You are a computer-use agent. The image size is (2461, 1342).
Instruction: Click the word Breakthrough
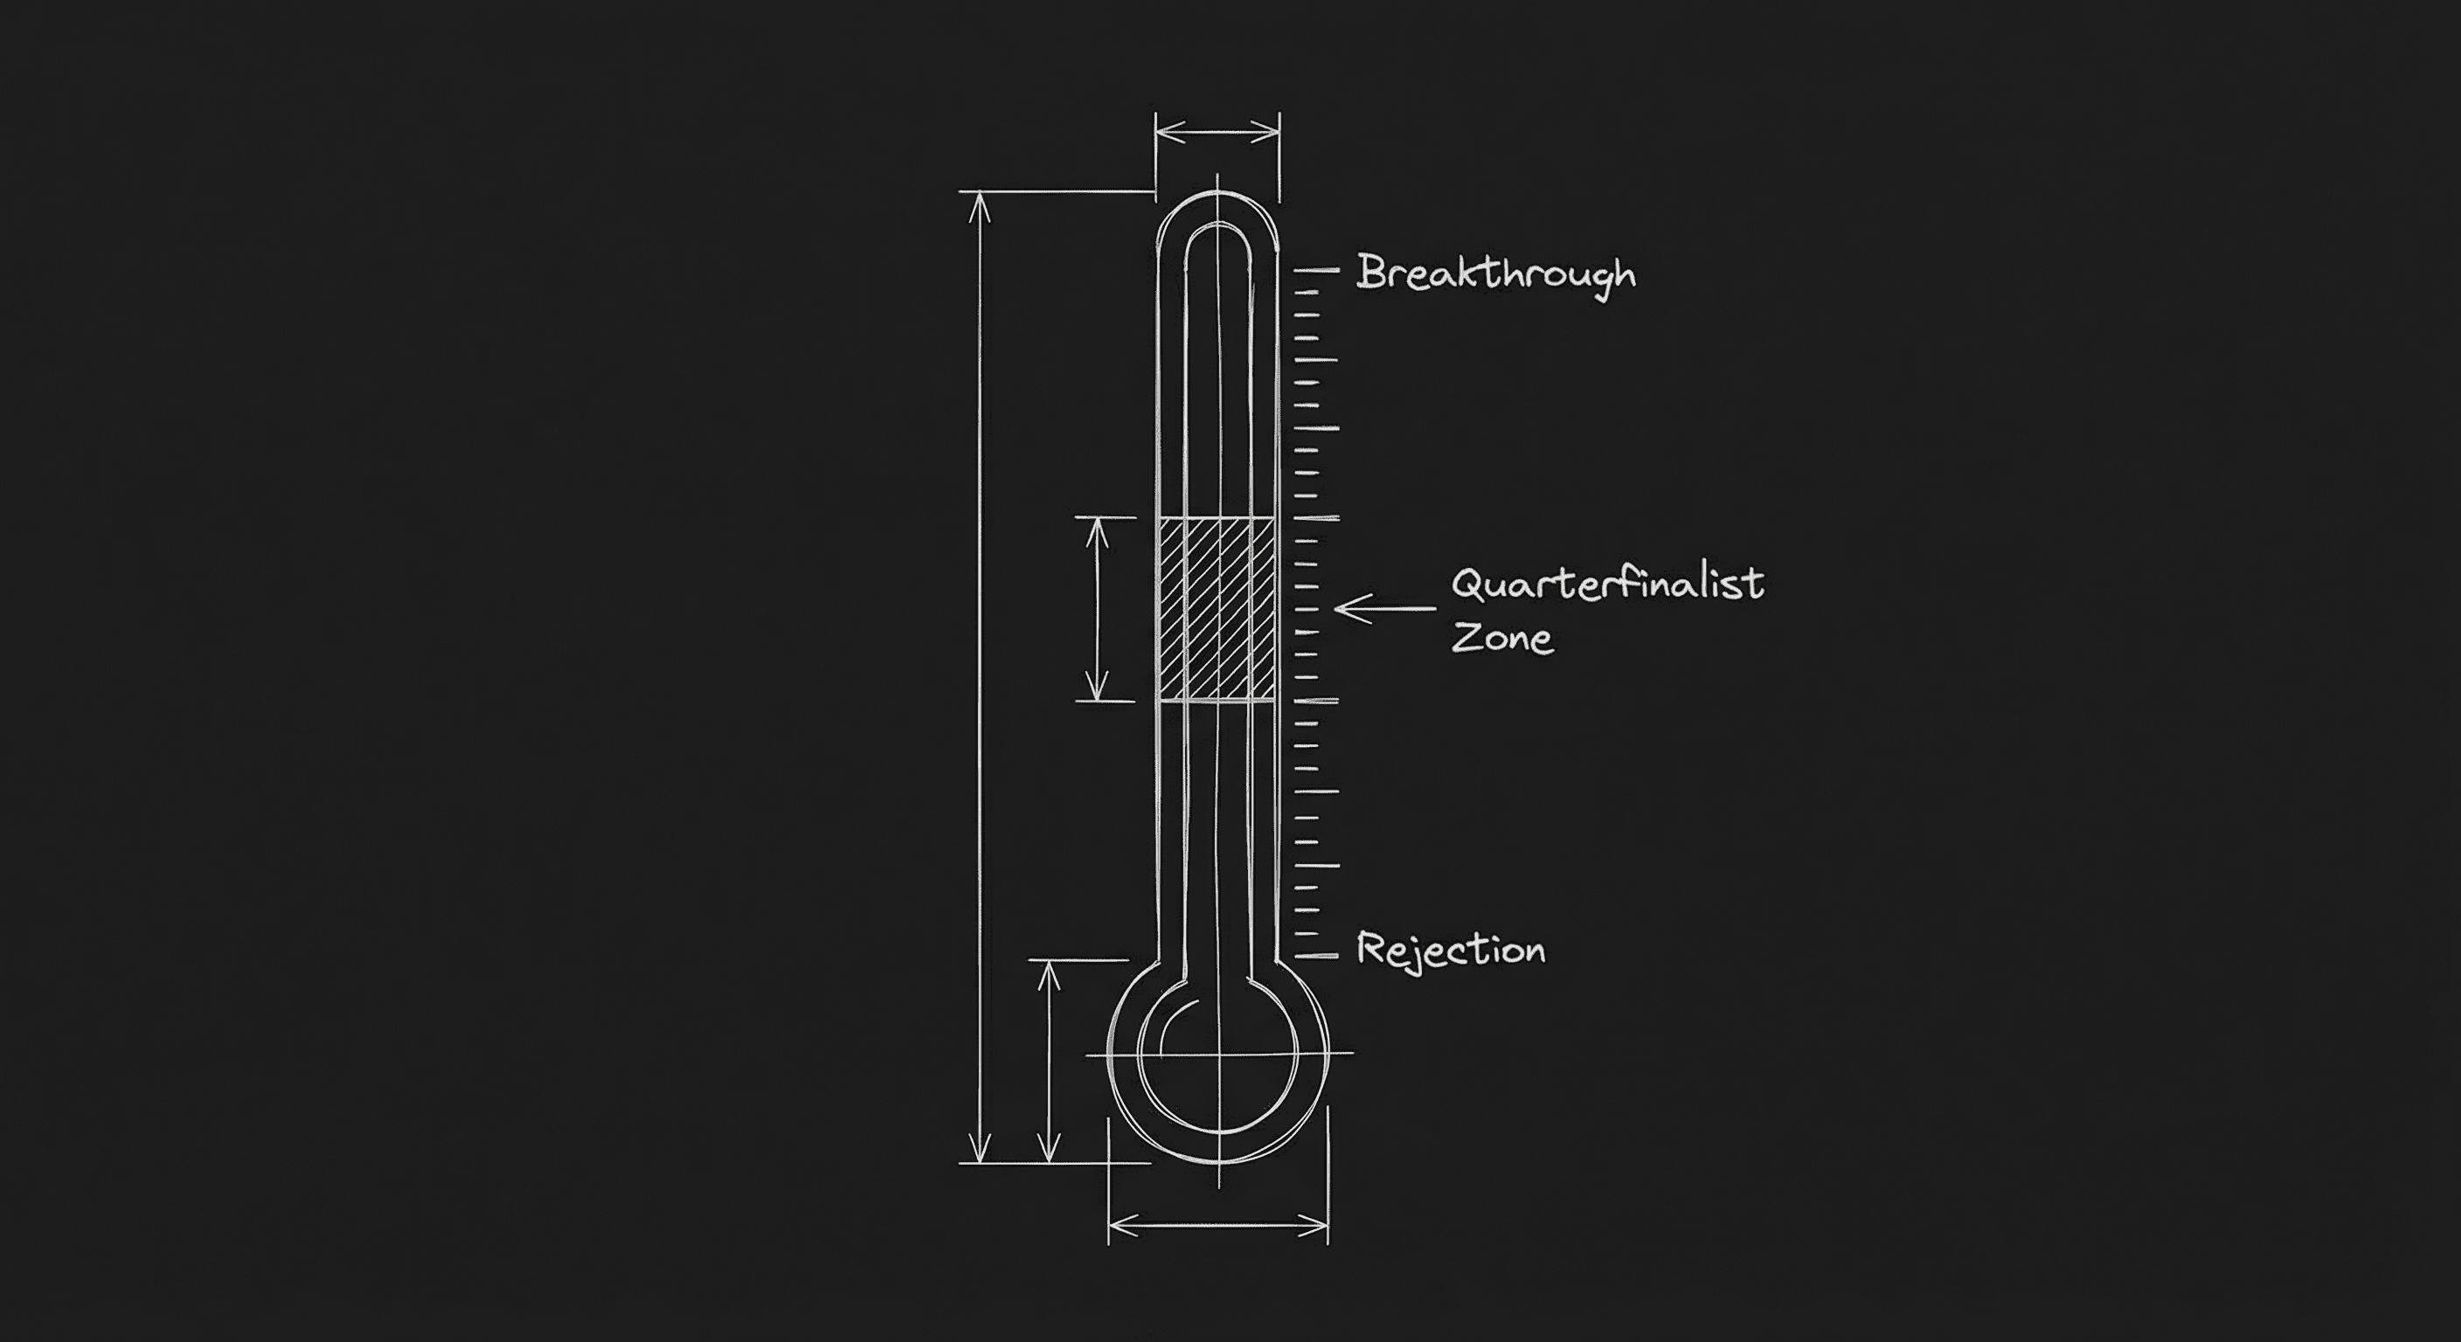pyautogui.click(x=1495, y=274)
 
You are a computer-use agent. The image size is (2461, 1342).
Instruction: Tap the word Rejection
pyautogui.click(x=1450, y=950)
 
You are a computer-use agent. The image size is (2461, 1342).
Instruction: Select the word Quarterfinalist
pyautogui.click(x=1607, y=584)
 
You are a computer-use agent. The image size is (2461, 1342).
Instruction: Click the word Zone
pyautogui.click(x=1501, y=637)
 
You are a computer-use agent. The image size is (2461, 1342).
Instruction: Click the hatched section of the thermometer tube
pyautogui.click(x=1217, y=608)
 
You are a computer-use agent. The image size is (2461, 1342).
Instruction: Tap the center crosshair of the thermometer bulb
pyautogui.click(x=1218, y=1054)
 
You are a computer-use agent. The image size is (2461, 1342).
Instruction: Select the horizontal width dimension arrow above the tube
pyautogui.click(x=1217, y=133)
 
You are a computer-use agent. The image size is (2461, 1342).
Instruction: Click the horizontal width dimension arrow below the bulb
pyautogui.click(x=1218, y=1223)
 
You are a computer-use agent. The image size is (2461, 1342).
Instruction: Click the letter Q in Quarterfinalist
pyautogui.click(x=1467, y=584)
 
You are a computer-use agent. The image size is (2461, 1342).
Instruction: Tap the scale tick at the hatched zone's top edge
pyautogui.click(x=1315, y=518)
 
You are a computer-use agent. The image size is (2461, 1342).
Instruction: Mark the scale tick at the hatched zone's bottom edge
pyautogui.click(x=1315, y=701)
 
